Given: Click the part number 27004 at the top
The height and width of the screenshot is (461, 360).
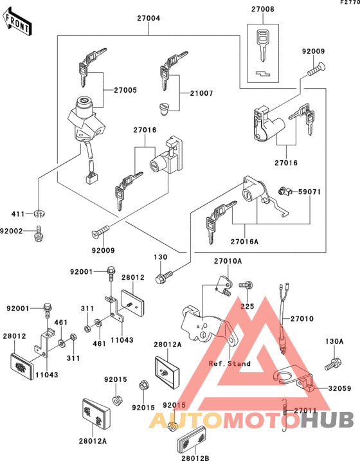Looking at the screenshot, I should tap(148, 19).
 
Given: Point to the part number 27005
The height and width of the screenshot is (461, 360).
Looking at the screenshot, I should tap(125, 90).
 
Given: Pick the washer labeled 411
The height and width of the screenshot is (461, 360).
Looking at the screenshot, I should tap(39, 213).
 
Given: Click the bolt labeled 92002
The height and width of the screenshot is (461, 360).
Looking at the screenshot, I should tap(39, 230).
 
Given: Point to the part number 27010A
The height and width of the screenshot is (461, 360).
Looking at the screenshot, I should tap(228, 262).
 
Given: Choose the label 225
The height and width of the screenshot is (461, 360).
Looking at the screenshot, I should tap(248, 307).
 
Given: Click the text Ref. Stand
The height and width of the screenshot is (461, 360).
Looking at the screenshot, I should tap(230, 363).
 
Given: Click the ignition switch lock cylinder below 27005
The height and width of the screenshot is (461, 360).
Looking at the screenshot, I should tap(84, 102).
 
